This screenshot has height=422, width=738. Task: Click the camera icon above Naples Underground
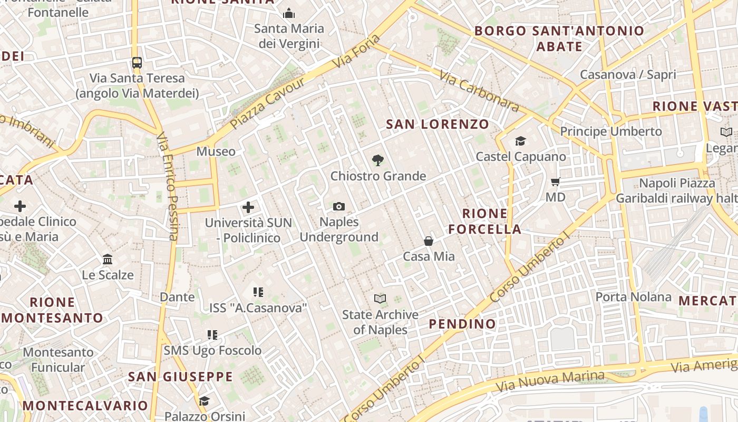[339, 206]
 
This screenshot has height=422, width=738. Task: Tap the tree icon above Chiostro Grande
[377, 160]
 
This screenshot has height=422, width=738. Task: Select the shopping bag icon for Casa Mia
[429, 241]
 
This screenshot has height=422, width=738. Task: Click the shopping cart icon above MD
[555, 182]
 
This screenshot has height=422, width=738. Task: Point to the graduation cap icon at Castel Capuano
[520, 141]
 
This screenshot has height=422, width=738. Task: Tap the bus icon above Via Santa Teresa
[137, 63]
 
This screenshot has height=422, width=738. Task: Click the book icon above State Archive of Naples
[380, 299]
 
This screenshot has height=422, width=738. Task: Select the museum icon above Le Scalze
[108, 260]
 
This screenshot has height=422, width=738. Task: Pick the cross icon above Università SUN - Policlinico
[248, 207]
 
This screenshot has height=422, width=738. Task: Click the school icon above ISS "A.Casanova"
[258, 292]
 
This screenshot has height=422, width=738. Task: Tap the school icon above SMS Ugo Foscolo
[212, 335]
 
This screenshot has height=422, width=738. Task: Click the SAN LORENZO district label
[438, 124]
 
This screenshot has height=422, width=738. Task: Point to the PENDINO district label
[462, 324]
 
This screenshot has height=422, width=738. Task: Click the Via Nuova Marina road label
[550, 381]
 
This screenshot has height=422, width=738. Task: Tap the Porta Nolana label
[633, 297]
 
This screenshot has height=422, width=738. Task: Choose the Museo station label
[216, 152]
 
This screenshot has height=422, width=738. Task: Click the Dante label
[177, 297]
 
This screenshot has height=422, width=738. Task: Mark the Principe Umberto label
[610, 131]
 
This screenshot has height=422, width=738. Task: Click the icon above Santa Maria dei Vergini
[289, 13]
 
